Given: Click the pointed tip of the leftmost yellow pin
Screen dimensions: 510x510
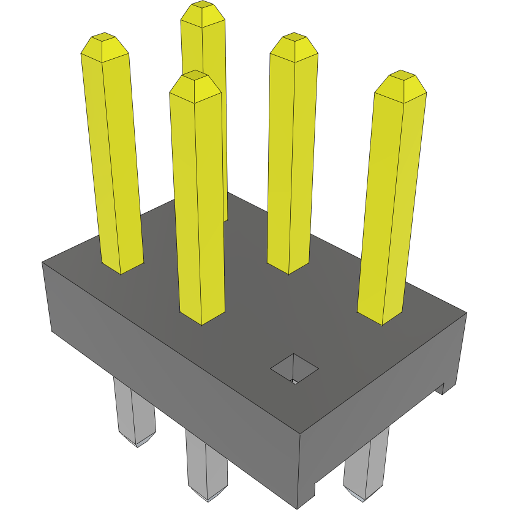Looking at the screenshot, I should [x=105, y=40].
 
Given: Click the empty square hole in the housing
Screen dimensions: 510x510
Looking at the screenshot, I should [x=294, y=369].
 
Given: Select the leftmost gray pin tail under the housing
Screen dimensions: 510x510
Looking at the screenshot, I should [x=135, y=410].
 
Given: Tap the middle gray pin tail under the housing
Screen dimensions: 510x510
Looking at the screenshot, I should [x=206, y=465].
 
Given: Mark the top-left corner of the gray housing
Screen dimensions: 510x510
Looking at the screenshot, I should [x=42, y=263].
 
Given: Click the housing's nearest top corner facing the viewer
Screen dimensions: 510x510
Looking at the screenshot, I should [x=300, y=434].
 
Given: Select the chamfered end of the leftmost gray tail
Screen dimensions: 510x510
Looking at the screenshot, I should [x=138, y=440].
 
